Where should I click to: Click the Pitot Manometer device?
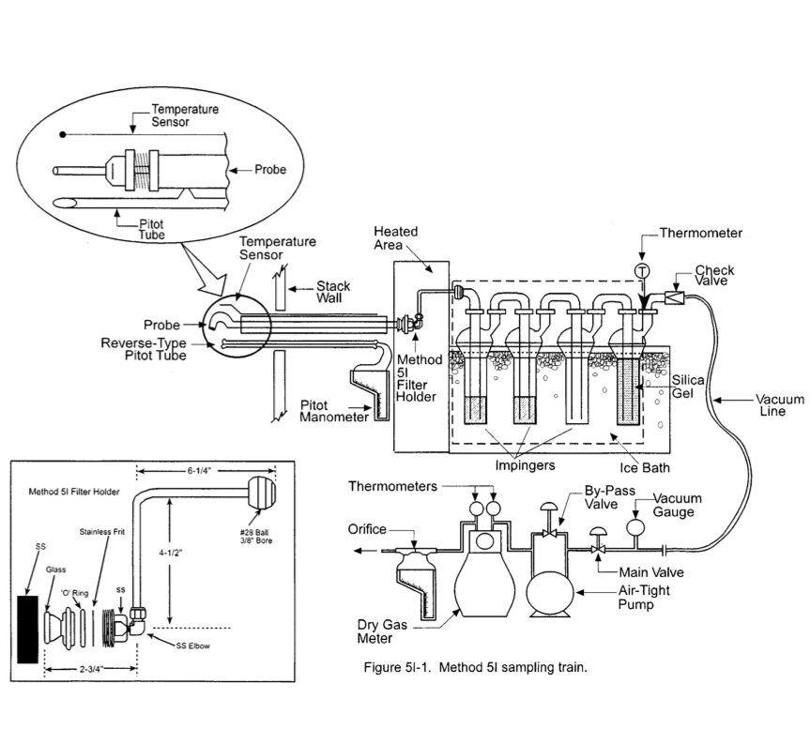point(369,394)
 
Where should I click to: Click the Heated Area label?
point(395,238)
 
